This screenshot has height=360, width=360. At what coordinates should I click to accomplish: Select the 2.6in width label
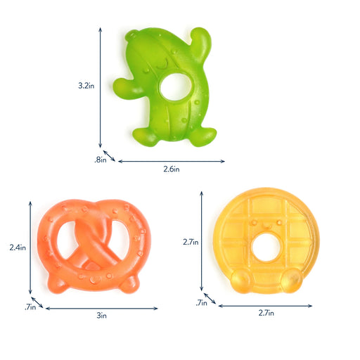pos(172,169)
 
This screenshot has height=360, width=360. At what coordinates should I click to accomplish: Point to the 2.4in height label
pos(17,247)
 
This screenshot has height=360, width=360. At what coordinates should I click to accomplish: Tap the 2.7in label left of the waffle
pos(190,242)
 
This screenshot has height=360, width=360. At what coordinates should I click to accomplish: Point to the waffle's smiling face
pos(264,223)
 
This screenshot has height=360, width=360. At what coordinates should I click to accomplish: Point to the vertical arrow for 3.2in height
pos(101,87)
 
